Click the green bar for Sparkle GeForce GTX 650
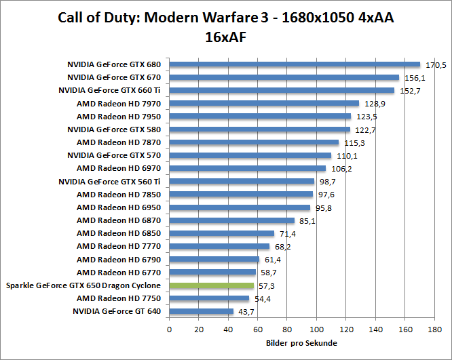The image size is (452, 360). (212, 286)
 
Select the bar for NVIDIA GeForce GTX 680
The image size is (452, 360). (295, 65)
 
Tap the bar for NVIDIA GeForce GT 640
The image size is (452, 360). (202, 312)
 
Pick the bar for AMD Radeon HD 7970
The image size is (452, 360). (264, 104)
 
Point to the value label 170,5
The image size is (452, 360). (435, 66)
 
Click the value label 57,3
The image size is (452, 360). (267, 287)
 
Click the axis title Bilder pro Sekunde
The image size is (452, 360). (301, 343)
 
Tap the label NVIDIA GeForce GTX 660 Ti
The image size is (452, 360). (109, 91)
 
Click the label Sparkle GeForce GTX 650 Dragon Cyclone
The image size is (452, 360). (83, 285)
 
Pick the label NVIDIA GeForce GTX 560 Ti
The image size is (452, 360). (109, 182)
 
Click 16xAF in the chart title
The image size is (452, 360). (225, 38)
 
